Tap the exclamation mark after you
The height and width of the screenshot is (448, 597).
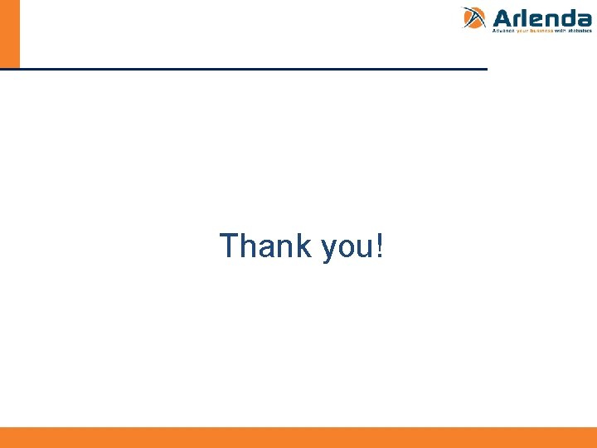pos(380,246)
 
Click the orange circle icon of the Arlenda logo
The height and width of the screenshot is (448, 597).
pos(473,17)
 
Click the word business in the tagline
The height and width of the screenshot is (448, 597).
pos(541,31)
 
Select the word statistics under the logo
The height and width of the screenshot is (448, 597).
pos(580,31)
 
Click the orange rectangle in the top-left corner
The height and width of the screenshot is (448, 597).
pos(9,33)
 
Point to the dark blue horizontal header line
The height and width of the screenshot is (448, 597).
pos(249,69)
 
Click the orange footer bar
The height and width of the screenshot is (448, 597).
pos(298,437)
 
